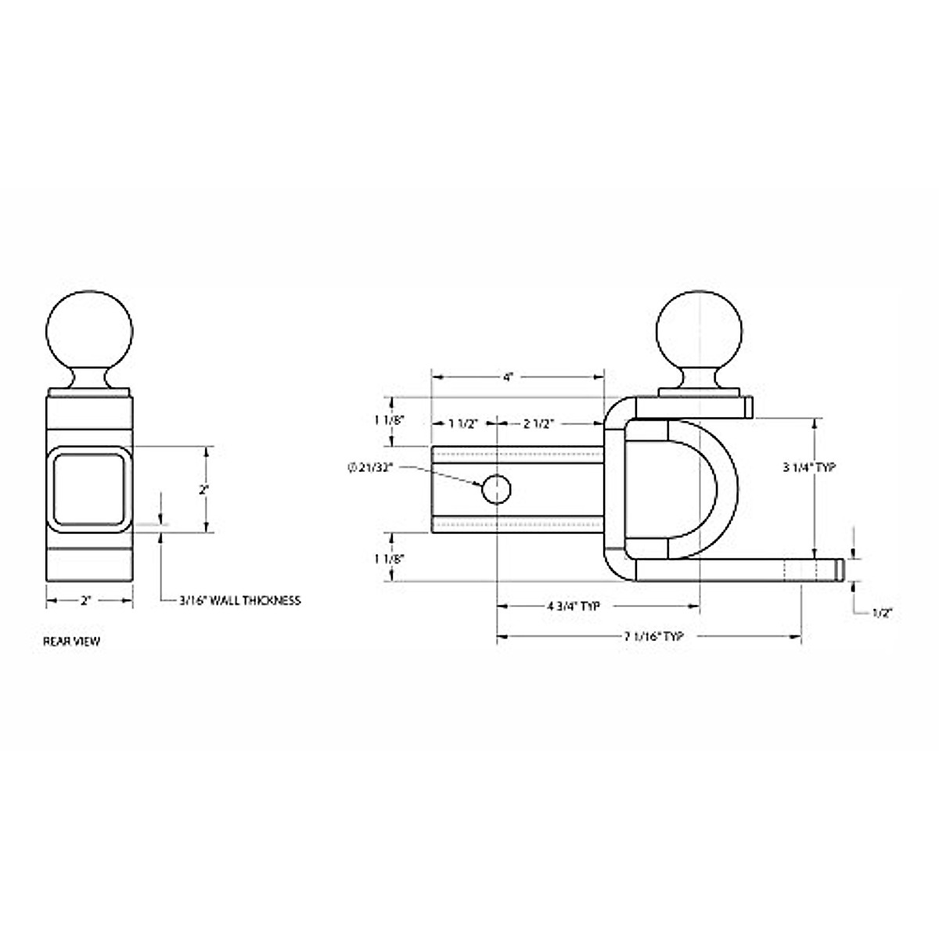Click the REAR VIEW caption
pos(71,641)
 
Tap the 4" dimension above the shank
pos(509,377)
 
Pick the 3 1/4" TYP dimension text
pos(810,467)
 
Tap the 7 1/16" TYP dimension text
pos(653,637)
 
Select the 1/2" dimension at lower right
pos(882,613)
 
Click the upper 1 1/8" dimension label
pos(390,419)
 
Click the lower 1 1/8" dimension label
pos(390,559)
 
